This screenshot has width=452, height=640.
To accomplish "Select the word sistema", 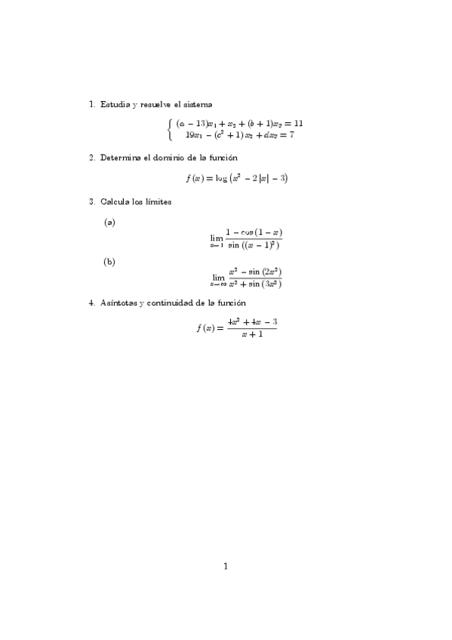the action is (x=198, y=104).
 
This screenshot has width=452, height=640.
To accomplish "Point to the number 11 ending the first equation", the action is (x=299, y=123).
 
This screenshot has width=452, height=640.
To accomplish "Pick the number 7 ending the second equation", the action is (x=291, y=135).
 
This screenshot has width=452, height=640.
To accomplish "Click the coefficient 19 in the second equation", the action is (x=189, y=135).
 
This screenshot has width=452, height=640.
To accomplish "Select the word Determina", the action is (x=121, y=158).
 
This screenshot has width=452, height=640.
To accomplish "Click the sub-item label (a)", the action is (x=109, y=222).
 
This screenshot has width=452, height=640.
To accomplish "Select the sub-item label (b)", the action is (x=109, y=262).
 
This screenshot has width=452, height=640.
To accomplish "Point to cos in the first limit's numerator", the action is (x=247, y=232).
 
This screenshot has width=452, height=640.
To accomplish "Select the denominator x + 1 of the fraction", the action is (x=252, y=335).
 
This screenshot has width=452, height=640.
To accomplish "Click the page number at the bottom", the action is (x=226, y=566).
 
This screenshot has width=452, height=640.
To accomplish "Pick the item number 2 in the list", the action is (x=91, y=158).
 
